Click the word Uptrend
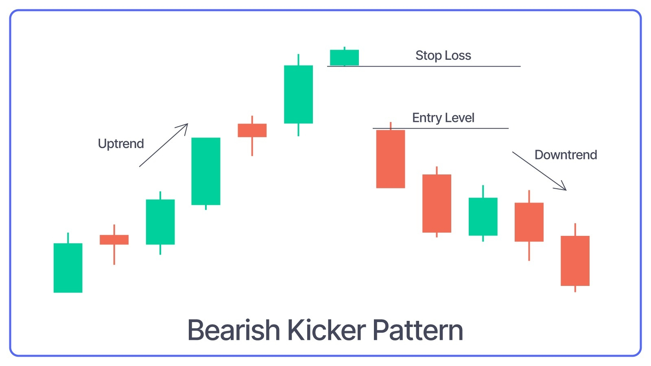tap(121, 144)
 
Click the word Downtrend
tap(566, 155)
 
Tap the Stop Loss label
tap(443, 55)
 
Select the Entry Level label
tap(443, 118)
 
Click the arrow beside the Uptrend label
tap(164, 145)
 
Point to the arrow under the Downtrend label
tap(540, 171)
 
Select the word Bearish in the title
tap(234, 330)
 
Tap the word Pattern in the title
tap(418, 331)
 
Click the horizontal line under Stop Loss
tap(424, 66)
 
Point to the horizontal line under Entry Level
tap(441, 128)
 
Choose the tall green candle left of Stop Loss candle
tap(299, 94)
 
